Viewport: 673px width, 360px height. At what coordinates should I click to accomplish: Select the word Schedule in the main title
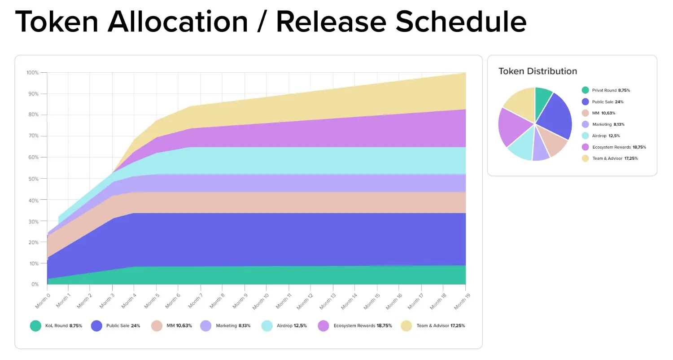(461, 21)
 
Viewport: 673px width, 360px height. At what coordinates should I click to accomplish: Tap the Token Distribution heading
(538, 71)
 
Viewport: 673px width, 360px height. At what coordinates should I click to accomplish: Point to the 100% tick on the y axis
(32, 73)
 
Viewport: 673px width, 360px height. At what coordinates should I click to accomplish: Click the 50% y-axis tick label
(33, 179)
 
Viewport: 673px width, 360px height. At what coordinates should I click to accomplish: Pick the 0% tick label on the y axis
(35, 285)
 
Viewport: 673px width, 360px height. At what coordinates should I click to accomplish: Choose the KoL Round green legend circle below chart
(35, 326)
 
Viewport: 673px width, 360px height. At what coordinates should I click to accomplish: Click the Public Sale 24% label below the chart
(123, 326)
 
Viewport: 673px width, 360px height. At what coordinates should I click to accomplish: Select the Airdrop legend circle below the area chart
(267, 326)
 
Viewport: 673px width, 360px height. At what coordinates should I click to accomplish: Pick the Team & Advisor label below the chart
(441, 326)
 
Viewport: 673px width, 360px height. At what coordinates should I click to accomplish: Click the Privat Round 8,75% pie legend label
(611, 90)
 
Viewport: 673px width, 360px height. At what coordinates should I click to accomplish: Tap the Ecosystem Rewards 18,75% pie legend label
(619, 147)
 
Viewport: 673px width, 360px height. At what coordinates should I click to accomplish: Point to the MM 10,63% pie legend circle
(585, 113)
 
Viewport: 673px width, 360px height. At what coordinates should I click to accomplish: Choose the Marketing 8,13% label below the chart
(233, 326)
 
